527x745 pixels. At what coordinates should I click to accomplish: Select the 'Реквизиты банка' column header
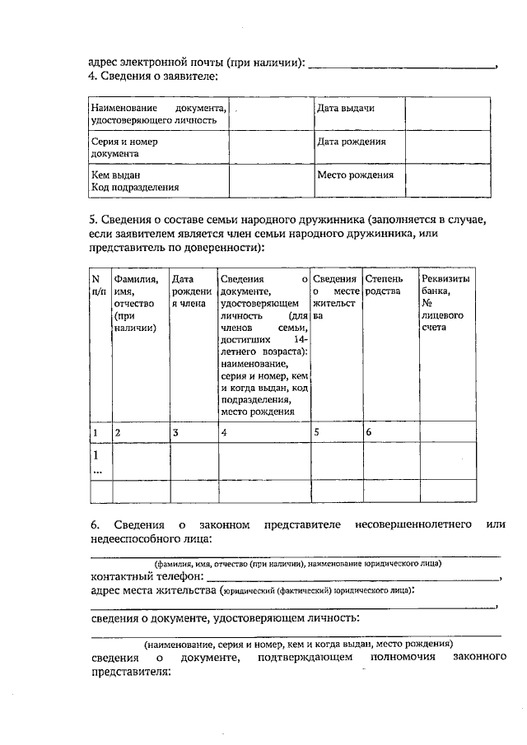click(x=445, y=302)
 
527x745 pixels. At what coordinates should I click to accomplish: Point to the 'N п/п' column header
click(x=99, y=285)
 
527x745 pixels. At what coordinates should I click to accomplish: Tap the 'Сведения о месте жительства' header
click(x=334, y=296)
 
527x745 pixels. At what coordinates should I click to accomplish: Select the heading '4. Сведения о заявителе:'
click(x=153, y=76)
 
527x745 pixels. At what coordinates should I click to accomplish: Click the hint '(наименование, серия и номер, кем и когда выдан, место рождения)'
click(x=297, y=644)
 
